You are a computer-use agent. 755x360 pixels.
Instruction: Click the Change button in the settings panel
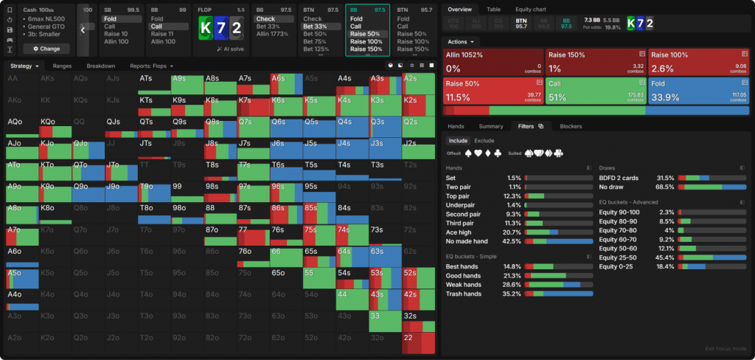click(x=46, y=49)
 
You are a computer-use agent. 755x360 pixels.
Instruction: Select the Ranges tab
click(x=62, y=66)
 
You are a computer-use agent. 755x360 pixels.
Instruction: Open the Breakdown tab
click(x=100, y=66)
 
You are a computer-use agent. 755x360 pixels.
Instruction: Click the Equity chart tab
click(x=530, y=9)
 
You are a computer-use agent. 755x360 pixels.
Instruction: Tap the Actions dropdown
click(x=462, y=41)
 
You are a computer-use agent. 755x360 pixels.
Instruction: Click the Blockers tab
click(x=571, y=126)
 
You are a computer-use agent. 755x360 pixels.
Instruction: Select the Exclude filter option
click(x=484, y=140)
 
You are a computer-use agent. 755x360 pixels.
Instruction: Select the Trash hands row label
click(x=464, y=294)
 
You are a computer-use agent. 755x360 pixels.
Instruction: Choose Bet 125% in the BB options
click(x=315, y=49)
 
